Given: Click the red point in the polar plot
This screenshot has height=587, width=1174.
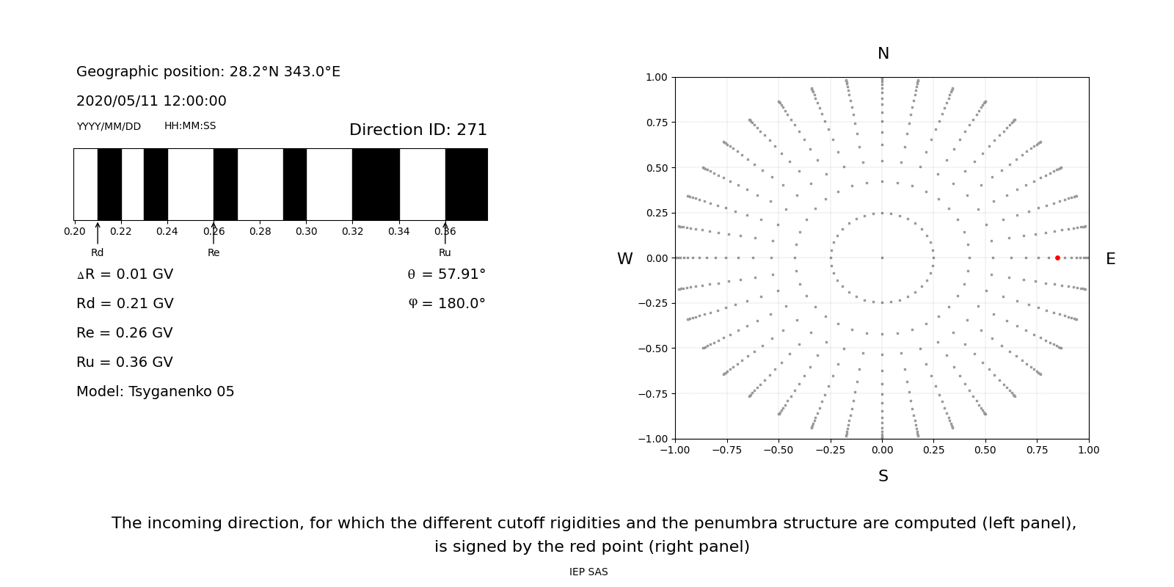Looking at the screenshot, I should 1057,258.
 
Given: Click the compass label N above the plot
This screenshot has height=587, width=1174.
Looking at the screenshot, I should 883,54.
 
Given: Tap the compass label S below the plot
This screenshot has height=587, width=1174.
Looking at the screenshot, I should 883,476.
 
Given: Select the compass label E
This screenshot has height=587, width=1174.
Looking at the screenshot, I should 1110,259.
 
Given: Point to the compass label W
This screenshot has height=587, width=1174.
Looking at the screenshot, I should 624,259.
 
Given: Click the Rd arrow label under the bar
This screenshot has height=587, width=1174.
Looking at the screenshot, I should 98,252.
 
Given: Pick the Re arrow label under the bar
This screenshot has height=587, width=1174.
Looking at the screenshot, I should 214,252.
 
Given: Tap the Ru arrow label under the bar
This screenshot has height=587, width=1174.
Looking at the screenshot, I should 445,252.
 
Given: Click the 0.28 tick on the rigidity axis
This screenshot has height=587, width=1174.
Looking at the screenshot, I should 260,231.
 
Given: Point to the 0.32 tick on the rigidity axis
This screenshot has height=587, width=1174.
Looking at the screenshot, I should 352,231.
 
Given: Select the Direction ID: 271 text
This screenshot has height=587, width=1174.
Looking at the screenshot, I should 418,130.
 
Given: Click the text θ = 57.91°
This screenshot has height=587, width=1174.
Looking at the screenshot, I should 446,274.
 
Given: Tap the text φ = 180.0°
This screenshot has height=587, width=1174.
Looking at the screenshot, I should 446,304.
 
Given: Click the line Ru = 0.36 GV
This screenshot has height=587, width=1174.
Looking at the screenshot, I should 125,362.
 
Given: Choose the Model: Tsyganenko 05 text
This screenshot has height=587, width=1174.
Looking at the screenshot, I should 156,392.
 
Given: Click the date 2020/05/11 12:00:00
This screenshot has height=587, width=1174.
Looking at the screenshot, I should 151,101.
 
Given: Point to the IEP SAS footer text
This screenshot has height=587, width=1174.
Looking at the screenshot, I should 588,572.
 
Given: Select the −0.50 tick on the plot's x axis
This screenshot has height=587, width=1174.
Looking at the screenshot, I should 779,450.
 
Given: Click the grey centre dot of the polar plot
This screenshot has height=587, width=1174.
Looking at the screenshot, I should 882,258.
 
